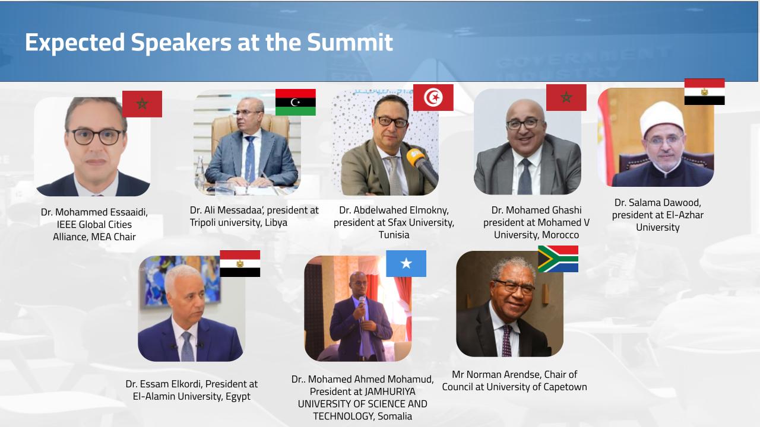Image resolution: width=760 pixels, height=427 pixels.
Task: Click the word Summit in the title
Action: [x=350, y=42]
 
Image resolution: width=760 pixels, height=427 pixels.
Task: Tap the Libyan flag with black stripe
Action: [x=296, y=103]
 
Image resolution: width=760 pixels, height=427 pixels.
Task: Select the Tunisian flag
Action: [x=433, y=98]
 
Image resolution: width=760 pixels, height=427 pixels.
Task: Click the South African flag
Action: [x=558, y=259]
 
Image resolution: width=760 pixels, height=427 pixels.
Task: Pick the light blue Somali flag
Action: [x=406, y=264]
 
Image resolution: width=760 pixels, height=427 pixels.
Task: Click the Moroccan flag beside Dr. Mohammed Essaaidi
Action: [x=142, y=104]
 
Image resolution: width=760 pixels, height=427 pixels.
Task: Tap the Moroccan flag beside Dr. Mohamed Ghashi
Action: [x=566, y=98]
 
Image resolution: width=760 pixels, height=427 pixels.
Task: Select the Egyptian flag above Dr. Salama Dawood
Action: [x=705, y=92]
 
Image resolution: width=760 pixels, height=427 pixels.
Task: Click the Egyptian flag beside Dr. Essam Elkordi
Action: [x=240, y=264]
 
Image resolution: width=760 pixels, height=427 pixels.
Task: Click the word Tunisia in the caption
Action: [x=394, y=235]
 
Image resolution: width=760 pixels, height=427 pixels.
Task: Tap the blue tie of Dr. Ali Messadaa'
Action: [x=250, y=158]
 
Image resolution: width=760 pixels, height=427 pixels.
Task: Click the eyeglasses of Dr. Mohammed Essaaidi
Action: [x=97, y=136]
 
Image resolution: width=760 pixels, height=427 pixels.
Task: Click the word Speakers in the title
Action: [x=181, y=43]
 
